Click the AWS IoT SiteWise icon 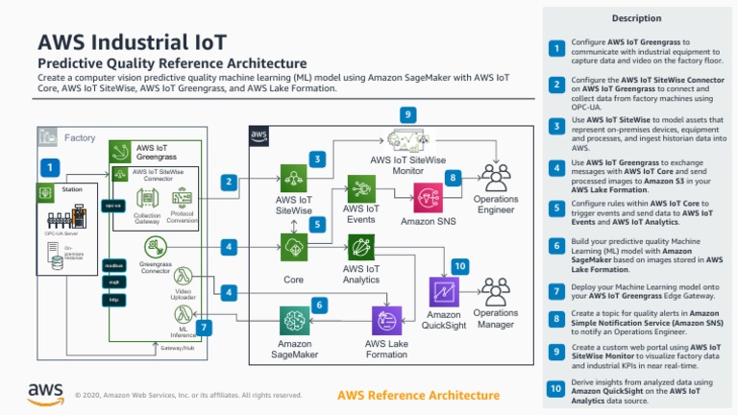(293, 179)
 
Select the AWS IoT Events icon (360, 187)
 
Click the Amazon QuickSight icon (444, 292)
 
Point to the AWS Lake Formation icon (387, 320)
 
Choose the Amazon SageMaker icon (294, 321)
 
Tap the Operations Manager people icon (495, 291)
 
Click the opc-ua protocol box (112, 206)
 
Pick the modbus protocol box (112, 264)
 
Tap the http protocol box (112, 300)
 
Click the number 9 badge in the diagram (408, 114)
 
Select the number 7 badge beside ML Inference (206, 328)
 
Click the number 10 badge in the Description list (555, 389)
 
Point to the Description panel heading (636, 18)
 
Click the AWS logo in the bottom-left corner (45, 393)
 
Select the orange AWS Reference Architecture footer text (419, 395)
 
